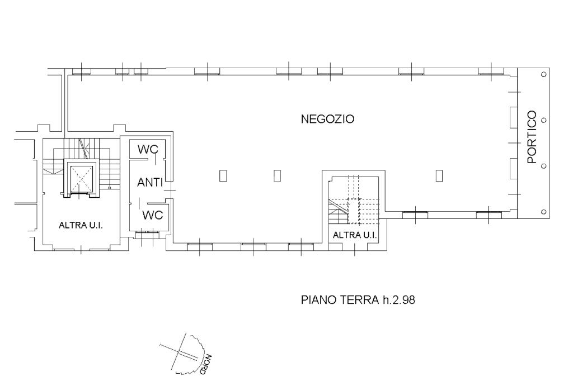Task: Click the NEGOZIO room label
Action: coord(327,119)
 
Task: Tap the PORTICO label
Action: coord(532,137)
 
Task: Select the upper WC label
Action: coord(148,149)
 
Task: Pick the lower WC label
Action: coord(152,215)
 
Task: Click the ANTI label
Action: coord(150,182)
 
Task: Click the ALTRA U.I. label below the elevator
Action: coord(81,225)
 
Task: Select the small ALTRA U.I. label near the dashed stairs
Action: coord(354,235)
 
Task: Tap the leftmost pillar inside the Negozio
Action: coord(223,176)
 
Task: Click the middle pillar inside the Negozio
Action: coord(278,176)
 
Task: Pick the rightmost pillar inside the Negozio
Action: coord(439,176)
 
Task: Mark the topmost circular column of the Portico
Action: coord(543,74)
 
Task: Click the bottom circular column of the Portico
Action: coord(543,212)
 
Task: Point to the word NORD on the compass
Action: coord(205,365)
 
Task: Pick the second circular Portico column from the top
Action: coord(543,120)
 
